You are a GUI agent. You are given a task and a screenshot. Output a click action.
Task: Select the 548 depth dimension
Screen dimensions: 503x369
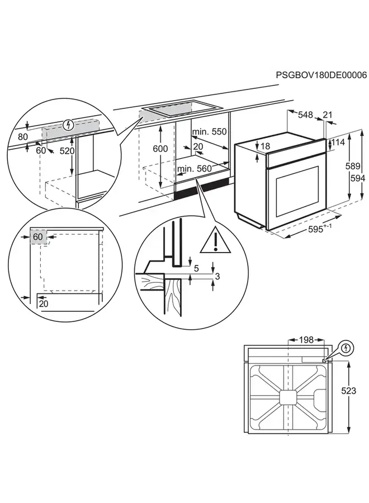click(x=306, y=115)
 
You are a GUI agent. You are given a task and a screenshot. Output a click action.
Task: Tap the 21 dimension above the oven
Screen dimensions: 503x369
click(x=328, y=115)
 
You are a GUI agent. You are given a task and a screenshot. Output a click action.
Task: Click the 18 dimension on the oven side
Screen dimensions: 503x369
click(x=265, y=146)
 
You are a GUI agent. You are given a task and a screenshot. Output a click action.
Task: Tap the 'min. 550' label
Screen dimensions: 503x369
click(x=207, y=132)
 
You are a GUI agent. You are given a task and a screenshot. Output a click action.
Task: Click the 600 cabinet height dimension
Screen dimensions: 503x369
click(x=160, y=149)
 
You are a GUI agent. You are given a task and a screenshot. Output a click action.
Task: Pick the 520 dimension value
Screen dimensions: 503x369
click(x=67, y=151)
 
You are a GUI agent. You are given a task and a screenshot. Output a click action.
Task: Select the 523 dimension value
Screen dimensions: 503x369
click(x=348, y=391)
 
